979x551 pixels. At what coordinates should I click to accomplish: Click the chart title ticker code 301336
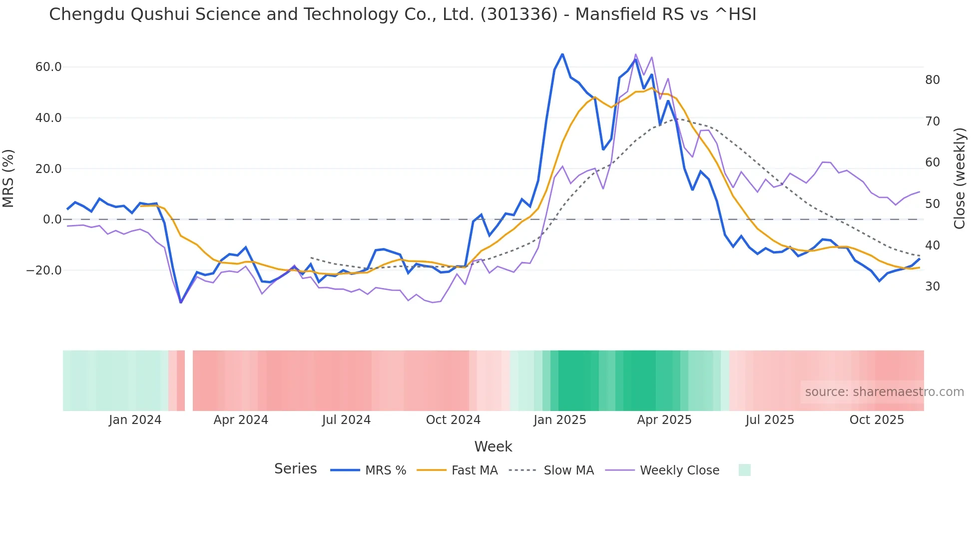[519, 14]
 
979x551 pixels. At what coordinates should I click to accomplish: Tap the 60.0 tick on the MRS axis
[48, 67]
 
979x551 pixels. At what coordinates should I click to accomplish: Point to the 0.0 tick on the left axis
[52, 219]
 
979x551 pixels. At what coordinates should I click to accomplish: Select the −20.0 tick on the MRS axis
[44, 270]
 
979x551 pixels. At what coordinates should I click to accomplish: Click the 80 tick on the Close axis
[933, 80]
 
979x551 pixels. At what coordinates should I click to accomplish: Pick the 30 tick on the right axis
[933, 286]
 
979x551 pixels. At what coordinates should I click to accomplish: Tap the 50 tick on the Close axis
[933, 204]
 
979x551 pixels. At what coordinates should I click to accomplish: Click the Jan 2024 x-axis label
[135, 420]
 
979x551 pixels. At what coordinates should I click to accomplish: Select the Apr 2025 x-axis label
[664, 420]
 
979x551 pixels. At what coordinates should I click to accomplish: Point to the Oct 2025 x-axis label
[877, 420]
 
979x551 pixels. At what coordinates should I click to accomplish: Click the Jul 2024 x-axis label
[346, 420]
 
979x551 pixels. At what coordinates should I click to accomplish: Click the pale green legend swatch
[744, 470]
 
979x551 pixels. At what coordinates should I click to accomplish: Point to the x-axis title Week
[493, 446]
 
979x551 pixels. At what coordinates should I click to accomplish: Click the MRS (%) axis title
[8, 178]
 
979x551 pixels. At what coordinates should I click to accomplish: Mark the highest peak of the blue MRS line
[562, 54]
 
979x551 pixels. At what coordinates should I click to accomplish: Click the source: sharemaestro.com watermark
[884, 392]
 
